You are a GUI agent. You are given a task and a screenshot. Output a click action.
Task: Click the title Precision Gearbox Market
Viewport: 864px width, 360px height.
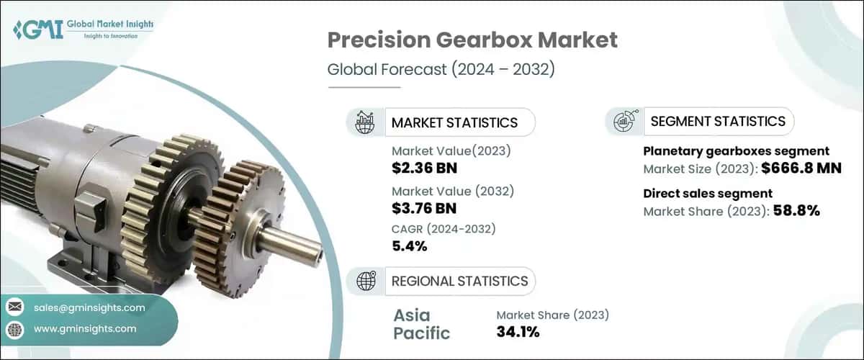coord(472,40)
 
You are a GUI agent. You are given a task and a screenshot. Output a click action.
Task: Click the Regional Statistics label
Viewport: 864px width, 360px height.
coord(459,281)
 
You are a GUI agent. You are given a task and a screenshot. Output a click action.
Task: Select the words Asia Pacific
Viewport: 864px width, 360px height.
coord(422,324)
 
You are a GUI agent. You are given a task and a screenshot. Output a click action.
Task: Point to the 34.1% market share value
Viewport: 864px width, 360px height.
coord(518,332)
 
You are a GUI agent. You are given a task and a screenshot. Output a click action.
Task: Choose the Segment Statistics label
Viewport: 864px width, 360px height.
coord(718,121)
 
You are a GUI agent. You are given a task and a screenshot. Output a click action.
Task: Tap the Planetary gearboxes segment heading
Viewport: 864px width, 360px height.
coord(737,151)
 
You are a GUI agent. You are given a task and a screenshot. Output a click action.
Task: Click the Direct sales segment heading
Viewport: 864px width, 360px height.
coord(708,193)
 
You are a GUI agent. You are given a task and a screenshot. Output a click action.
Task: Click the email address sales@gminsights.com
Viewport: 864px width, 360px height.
coord(89,307)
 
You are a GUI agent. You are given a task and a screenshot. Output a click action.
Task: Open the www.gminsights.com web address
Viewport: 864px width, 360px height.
coord(85,328)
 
